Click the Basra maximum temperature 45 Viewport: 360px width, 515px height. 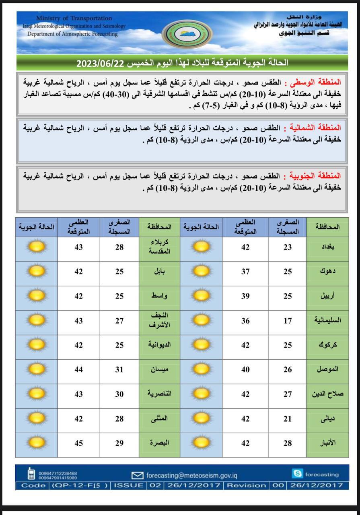78,443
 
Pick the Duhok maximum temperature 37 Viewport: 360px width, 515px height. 245,272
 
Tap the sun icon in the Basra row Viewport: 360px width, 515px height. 37,443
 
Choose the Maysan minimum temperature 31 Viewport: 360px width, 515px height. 119,369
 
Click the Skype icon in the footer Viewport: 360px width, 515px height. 298,474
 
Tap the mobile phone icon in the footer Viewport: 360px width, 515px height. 31,474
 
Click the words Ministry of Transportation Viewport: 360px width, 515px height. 74,18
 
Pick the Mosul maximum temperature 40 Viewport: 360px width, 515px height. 245,369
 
